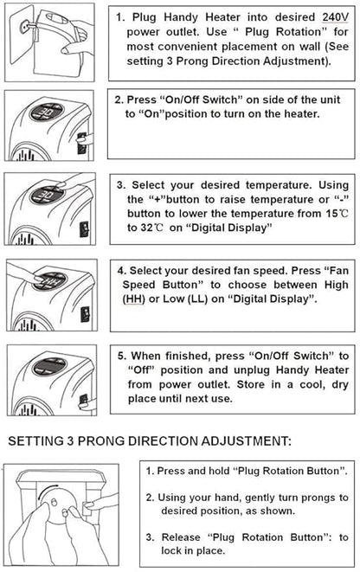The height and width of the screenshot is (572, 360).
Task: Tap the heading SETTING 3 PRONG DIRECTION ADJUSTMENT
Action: click(149, 440)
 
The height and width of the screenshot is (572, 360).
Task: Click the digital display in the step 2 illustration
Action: click(44, 112)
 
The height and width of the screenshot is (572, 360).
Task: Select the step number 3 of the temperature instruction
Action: click(120, 183)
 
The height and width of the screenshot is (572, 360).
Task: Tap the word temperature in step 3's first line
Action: click(250, 183)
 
